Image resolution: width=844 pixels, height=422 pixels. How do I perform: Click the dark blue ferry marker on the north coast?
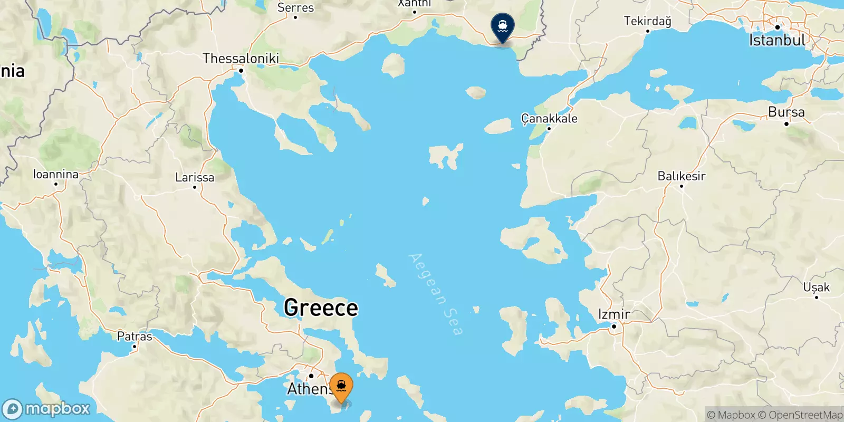pos(502,26)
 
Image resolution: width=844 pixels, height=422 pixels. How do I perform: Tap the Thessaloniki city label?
pos(241,59)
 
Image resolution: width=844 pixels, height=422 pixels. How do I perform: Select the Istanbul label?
pos(777,40)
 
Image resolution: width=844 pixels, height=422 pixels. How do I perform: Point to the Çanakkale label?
pos(549,119)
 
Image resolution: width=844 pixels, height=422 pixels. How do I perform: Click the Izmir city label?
pos(613,315)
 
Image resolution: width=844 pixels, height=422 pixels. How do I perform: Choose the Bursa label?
pos(786,112)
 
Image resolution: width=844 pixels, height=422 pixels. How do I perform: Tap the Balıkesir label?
pos(681,176)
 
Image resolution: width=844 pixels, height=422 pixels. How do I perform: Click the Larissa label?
pos(195,177)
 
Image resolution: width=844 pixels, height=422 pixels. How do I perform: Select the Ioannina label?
pos(55,174)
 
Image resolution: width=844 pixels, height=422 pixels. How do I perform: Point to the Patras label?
pos(135,337)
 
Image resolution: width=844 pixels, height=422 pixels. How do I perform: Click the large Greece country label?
pos(321,308)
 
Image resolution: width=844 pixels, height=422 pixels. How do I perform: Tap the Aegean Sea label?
pos(436,294)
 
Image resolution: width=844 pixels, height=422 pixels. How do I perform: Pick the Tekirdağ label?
pos(647,21)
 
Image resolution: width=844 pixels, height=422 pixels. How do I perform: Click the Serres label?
pos(295,8)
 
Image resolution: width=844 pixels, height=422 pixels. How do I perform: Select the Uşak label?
pos(816,287)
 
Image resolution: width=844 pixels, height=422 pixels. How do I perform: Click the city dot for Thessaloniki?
pos(241,71)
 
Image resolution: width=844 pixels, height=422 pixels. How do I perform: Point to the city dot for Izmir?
pos(614,327)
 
